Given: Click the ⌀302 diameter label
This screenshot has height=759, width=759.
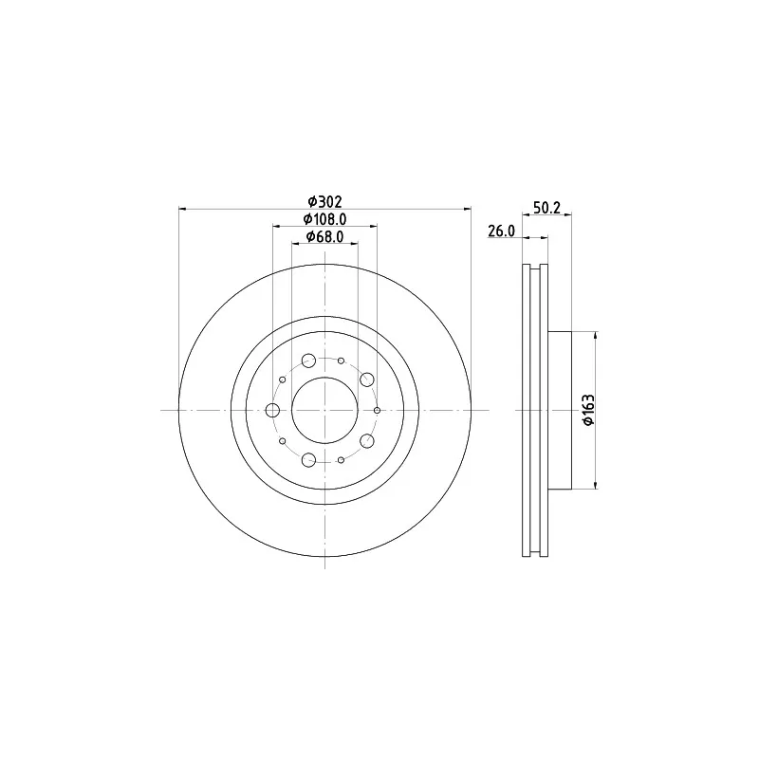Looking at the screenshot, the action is [324, 201].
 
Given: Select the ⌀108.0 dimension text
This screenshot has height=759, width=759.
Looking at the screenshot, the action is [324, 219].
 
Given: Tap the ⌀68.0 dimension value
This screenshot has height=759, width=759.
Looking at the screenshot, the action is [324, 236].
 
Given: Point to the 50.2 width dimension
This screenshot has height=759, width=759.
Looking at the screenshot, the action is [546, 208].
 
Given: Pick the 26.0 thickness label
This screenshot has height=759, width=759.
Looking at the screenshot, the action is [501, 231].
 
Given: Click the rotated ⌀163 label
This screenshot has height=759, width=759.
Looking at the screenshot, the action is [588, 410].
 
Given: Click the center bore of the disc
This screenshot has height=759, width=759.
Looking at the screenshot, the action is [324, 411].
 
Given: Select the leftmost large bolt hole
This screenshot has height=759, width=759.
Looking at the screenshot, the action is [272, 411].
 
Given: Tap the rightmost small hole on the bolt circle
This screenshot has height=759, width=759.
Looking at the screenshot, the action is [377, 411].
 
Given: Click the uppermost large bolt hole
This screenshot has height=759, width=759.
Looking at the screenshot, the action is [308, 361].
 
